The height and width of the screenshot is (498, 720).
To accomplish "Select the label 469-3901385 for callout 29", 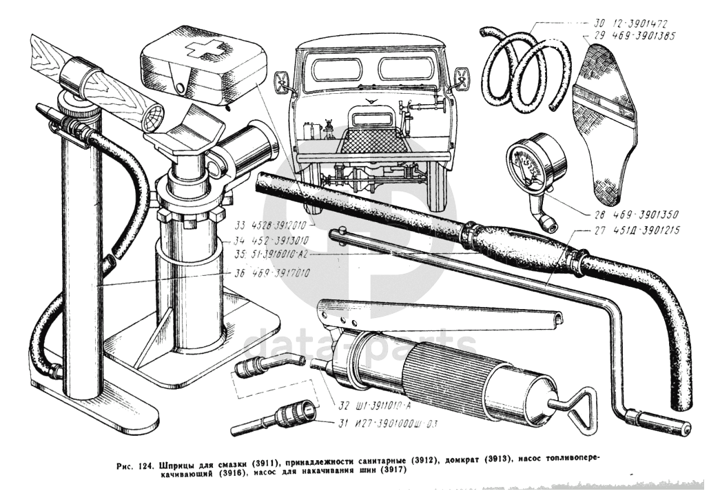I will pyautogui.click(x=633, y=36).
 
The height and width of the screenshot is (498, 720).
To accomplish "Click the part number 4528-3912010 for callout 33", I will pyautogui.click(x=273, y=226).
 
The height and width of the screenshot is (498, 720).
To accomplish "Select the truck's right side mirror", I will pyautogui.click(x=461, y=78).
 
